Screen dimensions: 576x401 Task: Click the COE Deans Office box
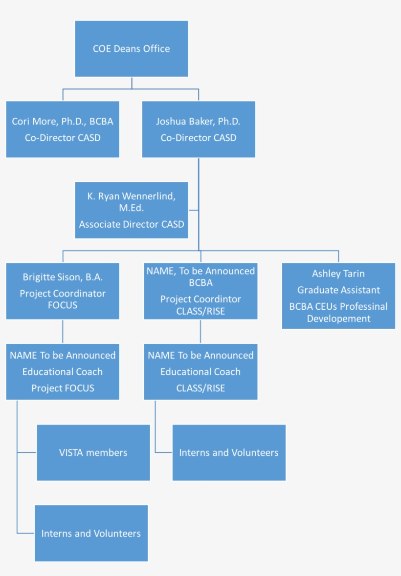coord(131,49)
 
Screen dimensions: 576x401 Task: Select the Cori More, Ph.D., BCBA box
coord(63,129)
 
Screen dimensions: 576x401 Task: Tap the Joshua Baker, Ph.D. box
coord(199,129)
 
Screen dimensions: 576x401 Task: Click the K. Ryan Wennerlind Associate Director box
coord(131,211)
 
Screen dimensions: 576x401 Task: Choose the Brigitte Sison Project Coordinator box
coord(63,291)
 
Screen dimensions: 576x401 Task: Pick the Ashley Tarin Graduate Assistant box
coord(338,296)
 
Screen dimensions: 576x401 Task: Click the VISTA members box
coord(93,452)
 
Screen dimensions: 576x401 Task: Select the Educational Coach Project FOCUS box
coord(63,372)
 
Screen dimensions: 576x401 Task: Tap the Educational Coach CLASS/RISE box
coord(200,372)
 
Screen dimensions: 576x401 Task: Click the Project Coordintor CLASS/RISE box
coord(200,291)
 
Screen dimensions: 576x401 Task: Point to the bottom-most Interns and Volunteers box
coord(91,533)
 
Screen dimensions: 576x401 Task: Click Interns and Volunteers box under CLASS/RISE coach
coord(229,452)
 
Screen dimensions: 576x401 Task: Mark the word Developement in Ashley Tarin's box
coord(338,319)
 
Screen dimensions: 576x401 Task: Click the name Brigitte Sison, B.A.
coord(63,277)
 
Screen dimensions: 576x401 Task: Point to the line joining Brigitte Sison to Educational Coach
coord(63,332)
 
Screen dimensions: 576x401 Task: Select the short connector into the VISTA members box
coord(27,452)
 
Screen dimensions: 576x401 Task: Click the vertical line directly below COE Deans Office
coord(132,83)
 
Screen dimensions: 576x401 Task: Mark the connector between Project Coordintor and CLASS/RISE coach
coord(200,332)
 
